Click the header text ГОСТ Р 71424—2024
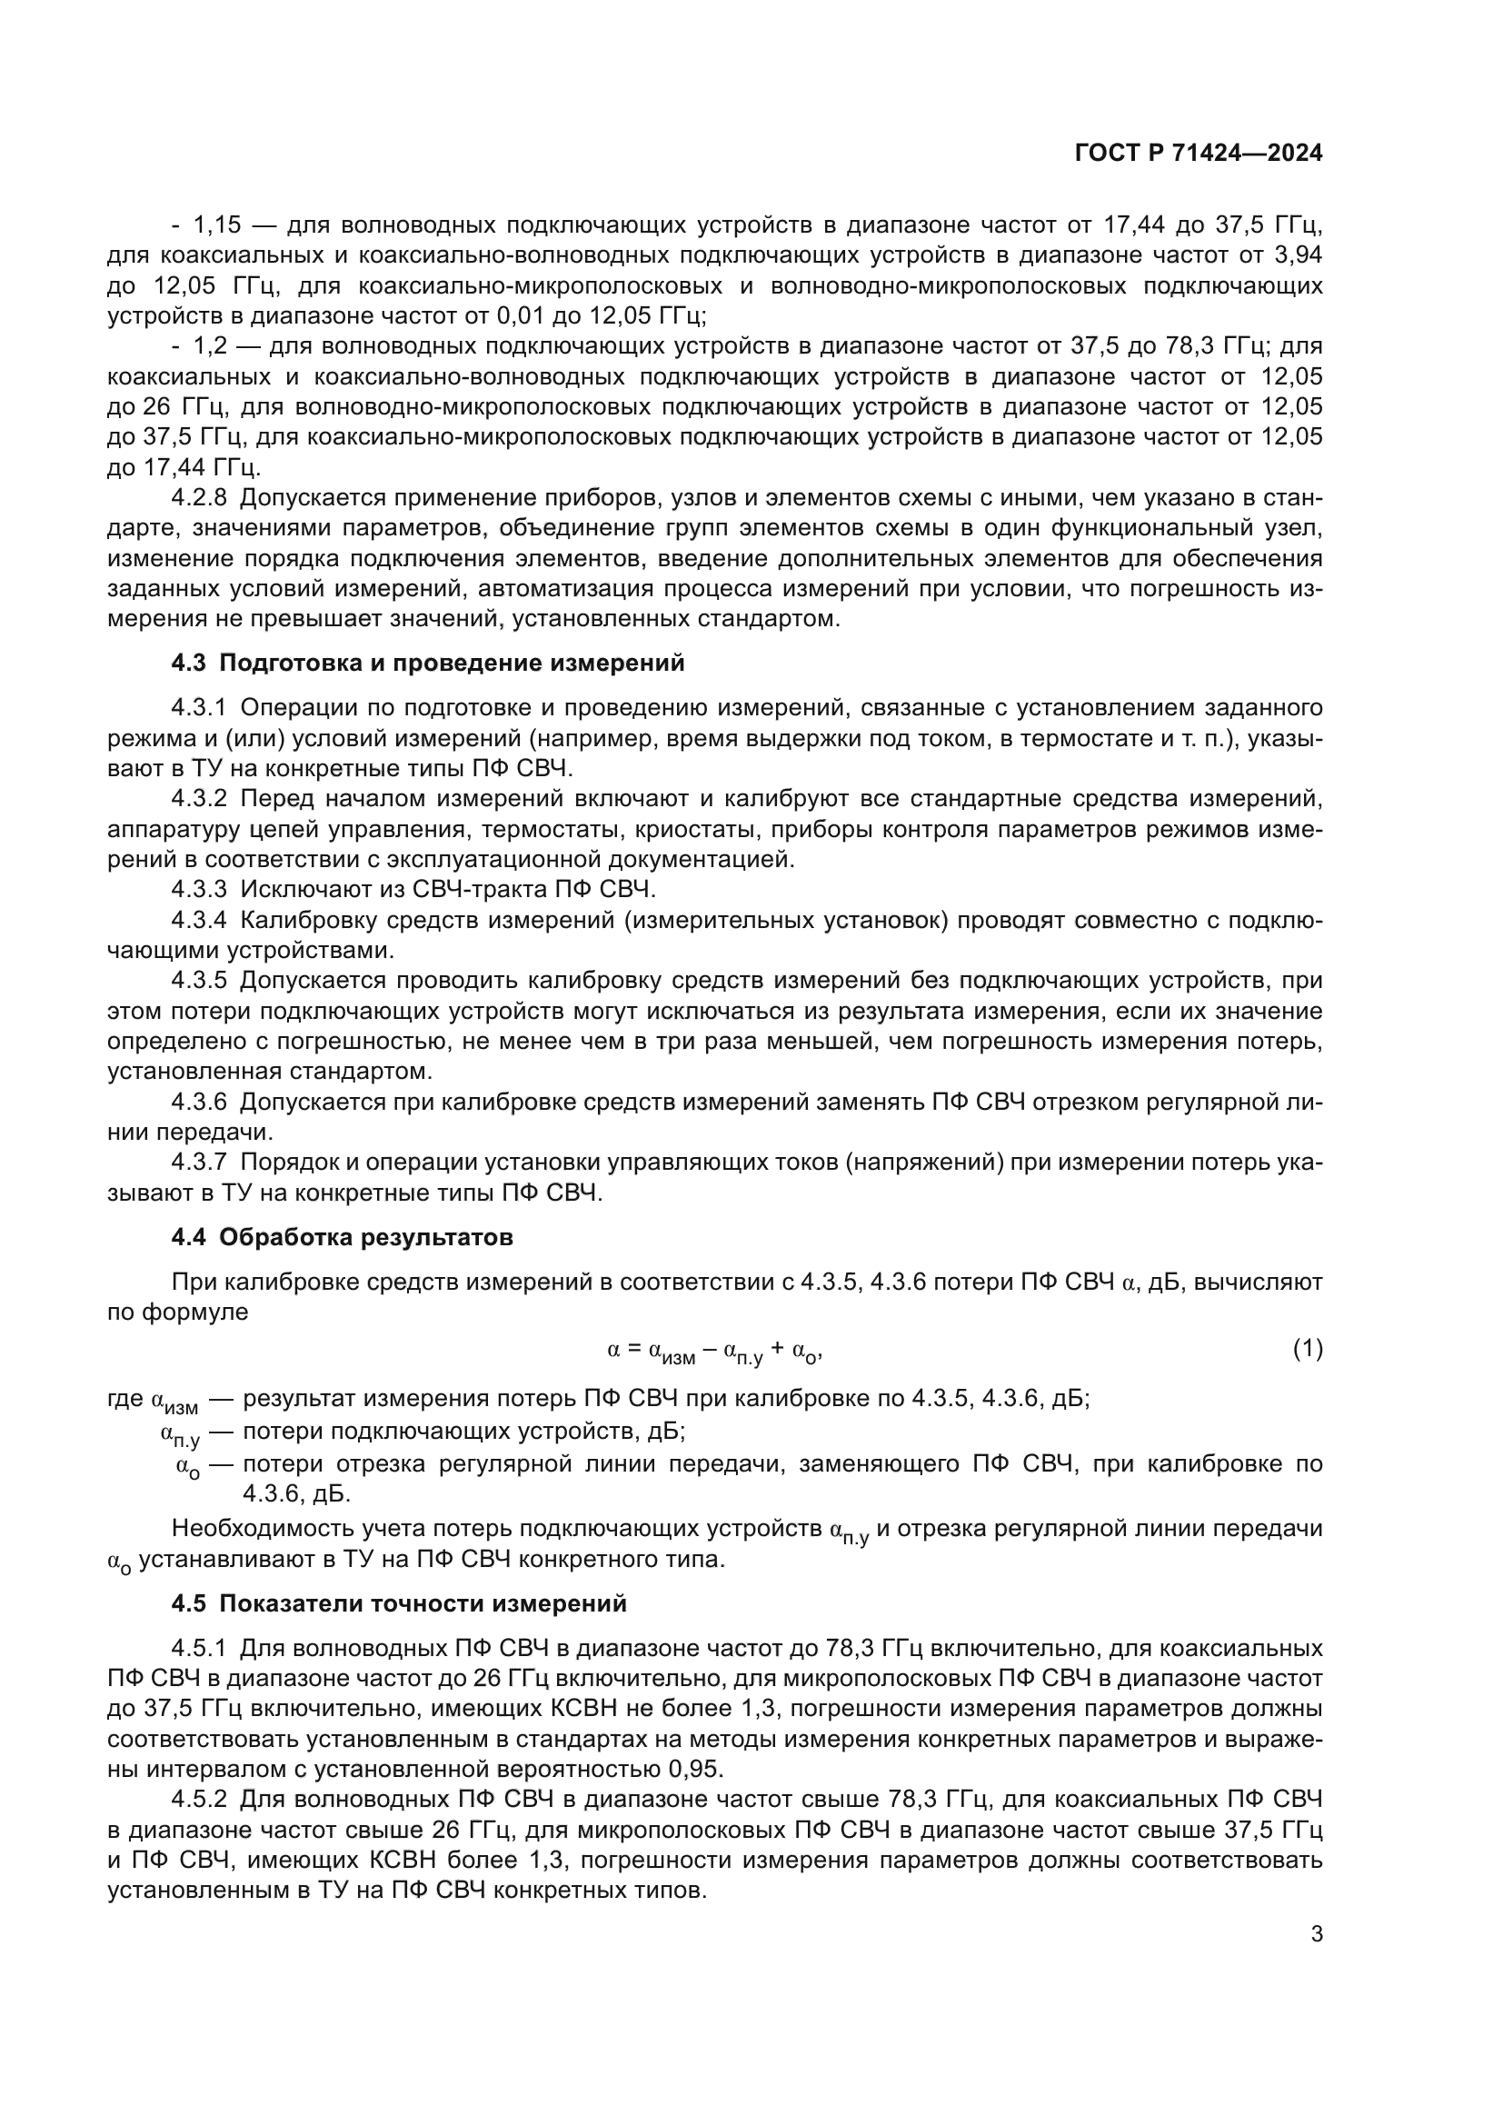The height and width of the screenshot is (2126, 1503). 1198,154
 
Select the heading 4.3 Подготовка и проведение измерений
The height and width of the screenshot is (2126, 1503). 428,663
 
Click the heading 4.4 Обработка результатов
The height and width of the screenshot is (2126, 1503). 343,1237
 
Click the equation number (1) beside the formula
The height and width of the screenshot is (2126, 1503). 1307,1349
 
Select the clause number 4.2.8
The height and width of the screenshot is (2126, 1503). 199,498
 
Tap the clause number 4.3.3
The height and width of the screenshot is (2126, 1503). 199,890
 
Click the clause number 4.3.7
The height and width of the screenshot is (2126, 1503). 199,1163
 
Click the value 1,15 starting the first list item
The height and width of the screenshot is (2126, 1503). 215,225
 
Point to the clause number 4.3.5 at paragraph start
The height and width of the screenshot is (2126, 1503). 199,981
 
